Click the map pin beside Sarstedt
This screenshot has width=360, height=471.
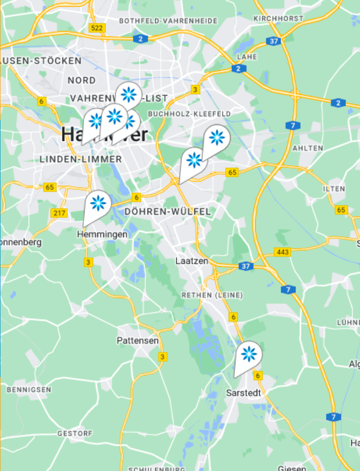coord(248,355)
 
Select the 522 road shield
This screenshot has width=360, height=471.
coord(96,28)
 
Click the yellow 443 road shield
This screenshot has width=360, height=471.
coord(283,252)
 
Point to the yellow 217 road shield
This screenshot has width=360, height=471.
coord(59,213)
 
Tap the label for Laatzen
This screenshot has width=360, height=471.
coord(191,261)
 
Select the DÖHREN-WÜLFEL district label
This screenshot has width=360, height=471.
coord(167,212)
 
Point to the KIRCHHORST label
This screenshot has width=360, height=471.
coord(279,18)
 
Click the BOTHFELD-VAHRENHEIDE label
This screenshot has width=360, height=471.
coord(168,21)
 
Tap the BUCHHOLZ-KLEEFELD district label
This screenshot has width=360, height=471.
coord(190,114)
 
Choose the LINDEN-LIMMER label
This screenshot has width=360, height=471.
coord(81,159)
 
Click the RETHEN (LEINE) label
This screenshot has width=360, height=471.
coord(212,295)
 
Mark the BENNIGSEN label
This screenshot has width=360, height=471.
coord(29,390)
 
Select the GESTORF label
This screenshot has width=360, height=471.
coord(74,433)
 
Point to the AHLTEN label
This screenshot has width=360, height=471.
coord(307,148)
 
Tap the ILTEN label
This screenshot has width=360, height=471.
coord(334,189)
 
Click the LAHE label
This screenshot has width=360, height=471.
coord(250,57)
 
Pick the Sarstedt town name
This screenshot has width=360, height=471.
coord(244,393)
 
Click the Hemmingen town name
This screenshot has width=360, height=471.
coord(102,235)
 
